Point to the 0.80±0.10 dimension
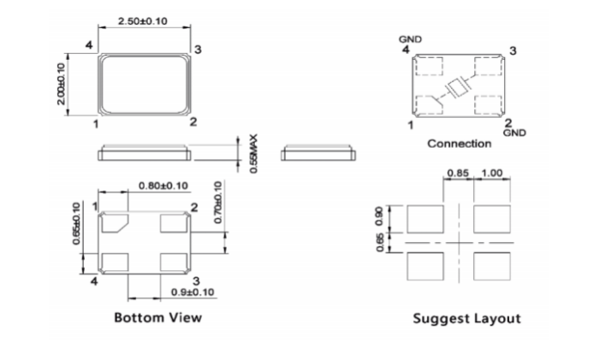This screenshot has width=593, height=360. [163, 186]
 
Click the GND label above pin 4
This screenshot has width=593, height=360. [412, 40]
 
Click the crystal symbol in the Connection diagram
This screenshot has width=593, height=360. [459, 86]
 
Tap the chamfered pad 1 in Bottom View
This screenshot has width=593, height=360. [116, 224]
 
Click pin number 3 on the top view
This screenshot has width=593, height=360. [198, 50]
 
